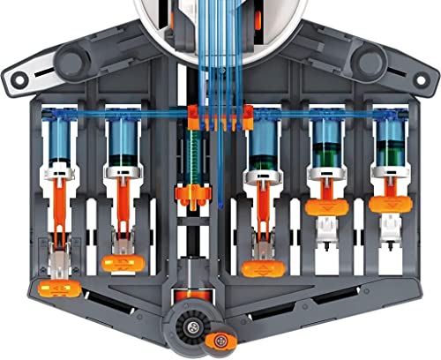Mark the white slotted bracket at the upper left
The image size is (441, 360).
pos(26,76)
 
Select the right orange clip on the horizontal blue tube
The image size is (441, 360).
pos(247,113)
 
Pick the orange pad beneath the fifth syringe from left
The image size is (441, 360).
pos(323,208)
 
